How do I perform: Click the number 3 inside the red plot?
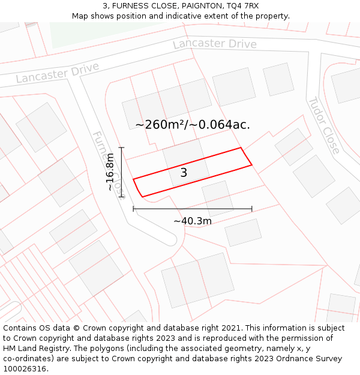pos(184,173)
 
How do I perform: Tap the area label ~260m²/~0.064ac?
pos(192,125)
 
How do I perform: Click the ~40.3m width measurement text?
pos(192,221)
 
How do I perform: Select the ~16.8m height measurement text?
pos(110,172)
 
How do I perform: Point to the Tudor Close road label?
pos(324,125)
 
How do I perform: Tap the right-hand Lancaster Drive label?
pos(215,44)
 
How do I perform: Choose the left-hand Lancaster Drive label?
pos(58,73)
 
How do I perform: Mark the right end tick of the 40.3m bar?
pos(252,209)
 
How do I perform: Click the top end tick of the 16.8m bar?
pos(122,148)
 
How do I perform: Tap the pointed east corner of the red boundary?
pos(251,164)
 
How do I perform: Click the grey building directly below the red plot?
pos(217,197)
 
